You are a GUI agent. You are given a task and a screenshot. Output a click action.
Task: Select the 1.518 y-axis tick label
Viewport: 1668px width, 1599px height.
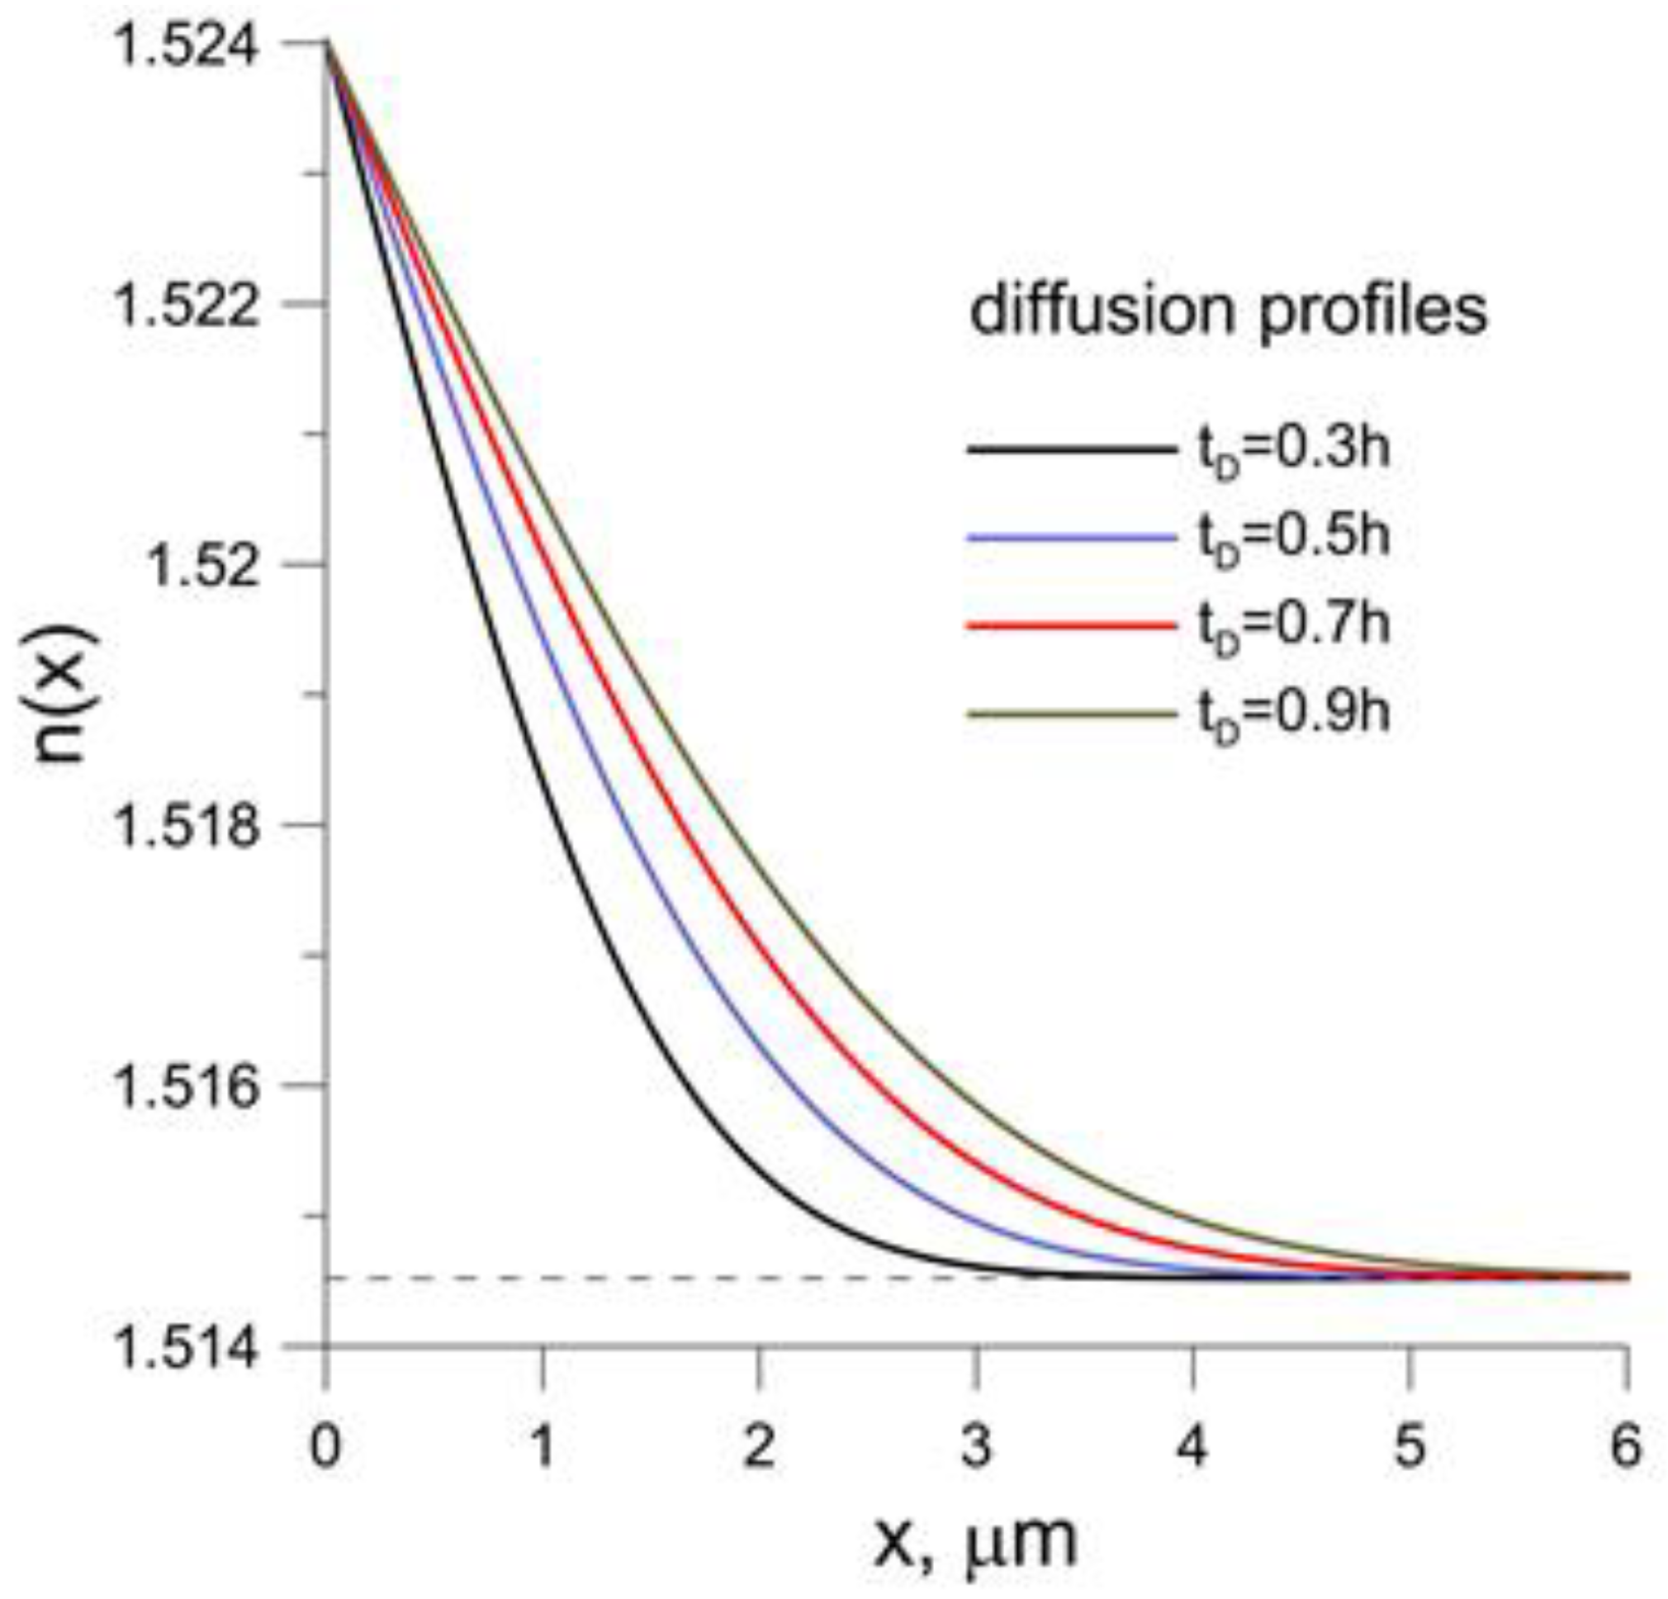186,828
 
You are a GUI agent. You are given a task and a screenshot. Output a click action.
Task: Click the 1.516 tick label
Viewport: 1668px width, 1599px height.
186,1090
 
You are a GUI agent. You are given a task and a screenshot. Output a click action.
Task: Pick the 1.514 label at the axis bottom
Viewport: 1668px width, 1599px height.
186,1351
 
